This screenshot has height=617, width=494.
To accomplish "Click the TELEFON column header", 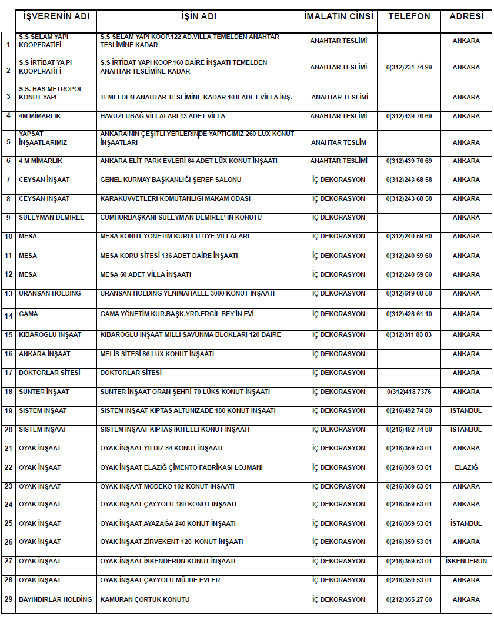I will coord(409,16).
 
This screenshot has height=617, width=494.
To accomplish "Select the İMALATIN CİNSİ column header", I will coord(339,16).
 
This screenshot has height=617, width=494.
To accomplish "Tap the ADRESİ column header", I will coord(466,16).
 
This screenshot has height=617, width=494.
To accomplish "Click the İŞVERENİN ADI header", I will coord(56,16).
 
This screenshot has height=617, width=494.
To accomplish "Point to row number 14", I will coord(8,316).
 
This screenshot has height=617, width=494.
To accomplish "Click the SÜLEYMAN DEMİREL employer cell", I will coord(51,217).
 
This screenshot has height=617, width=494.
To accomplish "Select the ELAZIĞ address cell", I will coord(466,467).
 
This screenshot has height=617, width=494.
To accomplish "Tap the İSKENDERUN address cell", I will coord(466,561).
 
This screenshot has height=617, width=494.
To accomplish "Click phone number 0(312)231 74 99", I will coord(409,67).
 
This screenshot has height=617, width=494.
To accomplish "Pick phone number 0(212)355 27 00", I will coord(409,599).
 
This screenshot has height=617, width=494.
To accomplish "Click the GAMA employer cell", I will coord(28,314).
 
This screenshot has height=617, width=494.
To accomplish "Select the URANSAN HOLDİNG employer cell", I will coord(50,293).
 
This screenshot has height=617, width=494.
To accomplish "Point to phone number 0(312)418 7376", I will coord(409,392).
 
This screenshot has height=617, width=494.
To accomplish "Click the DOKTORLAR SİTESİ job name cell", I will coord(131,373).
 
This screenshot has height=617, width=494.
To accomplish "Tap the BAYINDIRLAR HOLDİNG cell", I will coord(55,599).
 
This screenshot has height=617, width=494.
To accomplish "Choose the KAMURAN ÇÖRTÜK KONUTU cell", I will coord(145,599).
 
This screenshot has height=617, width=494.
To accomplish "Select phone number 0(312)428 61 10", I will coord(409,314).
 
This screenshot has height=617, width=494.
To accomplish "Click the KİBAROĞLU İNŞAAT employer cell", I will coord(50,334).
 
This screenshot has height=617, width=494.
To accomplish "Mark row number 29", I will coord(8,599).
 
